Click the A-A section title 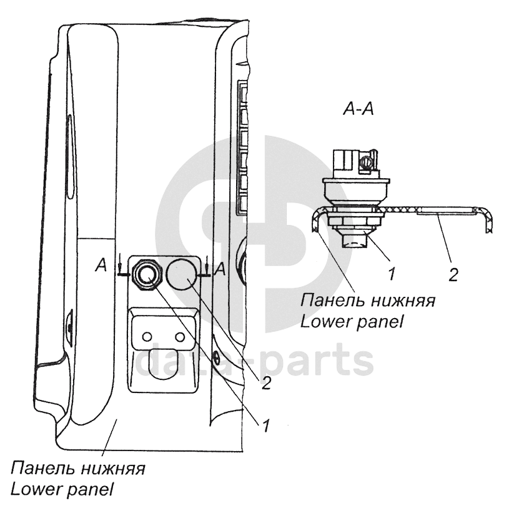(x=358, y=109)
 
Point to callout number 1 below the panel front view (x=265, y=426)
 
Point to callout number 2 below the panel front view (x=265, y=382)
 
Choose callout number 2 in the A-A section (x=453, y=274)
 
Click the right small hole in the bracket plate (x=180, y=337)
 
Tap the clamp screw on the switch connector (x=367, y=164)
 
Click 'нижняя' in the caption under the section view (x=402, y=301)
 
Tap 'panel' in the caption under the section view (x=378, y=321)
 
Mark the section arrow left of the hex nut (x=119, y=270)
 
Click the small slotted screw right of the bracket (x=215, y=359)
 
